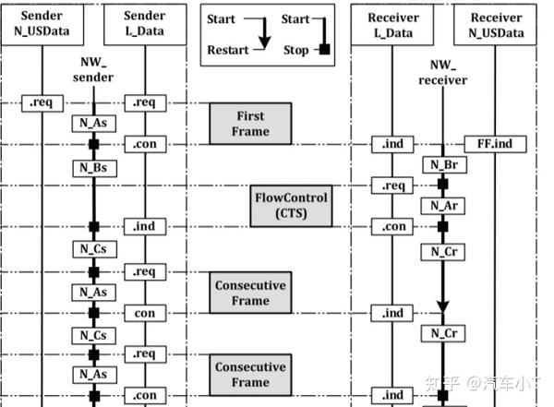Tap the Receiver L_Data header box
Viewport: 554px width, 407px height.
[393, 26]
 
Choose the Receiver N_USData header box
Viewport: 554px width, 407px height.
[496, 26]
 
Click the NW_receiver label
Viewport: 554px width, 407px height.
[442, 73]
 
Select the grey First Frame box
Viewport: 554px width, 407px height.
[250, 124]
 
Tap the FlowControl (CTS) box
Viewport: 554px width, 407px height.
[291, 206]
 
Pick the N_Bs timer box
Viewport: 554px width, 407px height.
[92, 168]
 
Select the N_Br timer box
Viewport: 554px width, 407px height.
[442, 164]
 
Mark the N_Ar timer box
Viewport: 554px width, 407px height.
[442, 205]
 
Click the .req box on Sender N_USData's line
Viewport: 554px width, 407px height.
[41, 103]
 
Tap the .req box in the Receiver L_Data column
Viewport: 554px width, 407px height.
[393, 186]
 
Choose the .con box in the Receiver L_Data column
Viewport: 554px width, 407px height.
[393, 227]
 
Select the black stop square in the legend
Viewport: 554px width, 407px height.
[325, 51]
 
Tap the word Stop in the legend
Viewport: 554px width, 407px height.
[295, 51]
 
